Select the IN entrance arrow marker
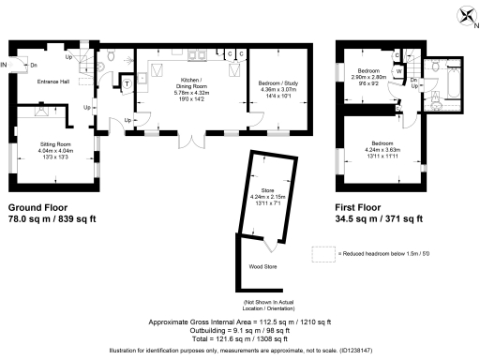pos(5,65)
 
